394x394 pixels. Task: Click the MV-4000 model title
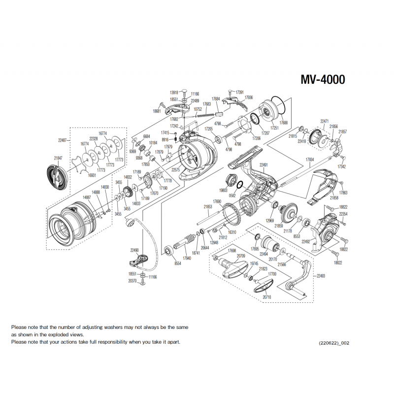click(x=323, y=80)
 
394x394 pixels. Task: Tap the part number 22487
click(x=63, y=140)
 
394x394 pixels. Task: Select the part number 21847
click(x=59, y=158)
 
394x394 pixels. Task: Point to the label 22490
click(x=134, y=250)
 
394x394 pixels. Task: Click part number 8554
click(x=178, y=264)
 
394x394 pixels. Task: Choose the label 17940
click(x=187, y=258)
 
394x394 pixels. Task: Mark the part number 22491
click(x=264, y=165)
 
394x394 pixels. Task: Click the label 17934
click(x=310, y=160)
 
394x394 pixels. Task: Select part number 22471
click(x=325, y=121)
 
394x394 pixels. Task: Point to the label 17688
click(x=284, y=123)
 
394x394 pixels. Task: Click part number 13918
click(x=174, y=93)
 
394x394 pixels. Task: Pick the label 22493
click(x=322, y=276)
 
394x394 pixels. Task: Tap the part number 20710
click(x=267, y=297)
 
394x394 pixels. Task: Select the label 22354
click(x=344, y=214)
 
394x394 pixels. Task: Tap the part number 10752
click(x=198, y=109)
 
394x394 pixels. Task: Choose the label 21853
click(x=208, y=207)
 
